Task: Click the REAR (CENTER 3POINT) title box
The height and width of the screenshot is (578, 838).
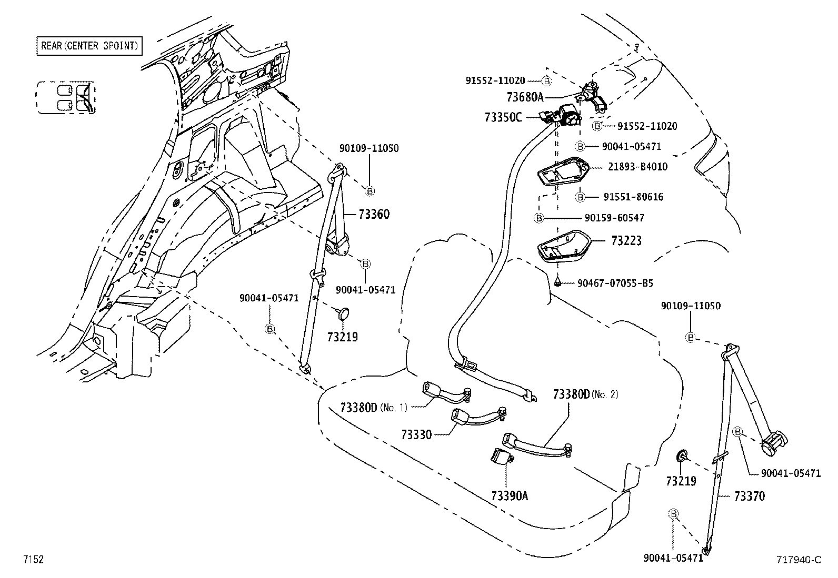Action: [89, 46]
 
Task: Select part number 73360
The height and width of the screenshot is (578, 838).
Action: [374, 214]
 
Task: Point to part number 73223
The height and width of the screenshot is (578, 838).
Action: [626, 241]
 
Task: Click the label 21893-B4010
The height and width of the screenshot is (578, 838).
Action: [637, 167]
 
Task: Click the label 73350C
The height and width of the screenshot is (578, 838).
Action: [503, 117]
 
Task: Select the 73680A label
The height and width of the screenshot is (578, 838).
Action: [524, 97]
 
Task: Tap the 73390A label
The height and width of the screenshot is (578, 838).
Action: [509, 496]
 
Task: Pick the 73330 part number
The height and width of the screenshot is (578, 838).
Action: [416, 434]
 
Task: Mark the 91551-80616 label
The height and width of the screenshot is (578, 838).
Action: [633, 197]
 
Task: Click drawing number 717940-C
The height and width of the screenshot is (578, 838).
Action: [797, 560]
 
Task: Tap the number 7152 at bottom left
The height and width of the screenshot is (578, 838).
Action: [33, 560]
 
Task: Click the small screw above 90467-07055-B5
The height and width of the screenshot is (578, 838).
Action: [557, 283]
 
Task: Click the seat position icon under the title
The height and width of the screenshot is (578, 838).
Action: [66, 98]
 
